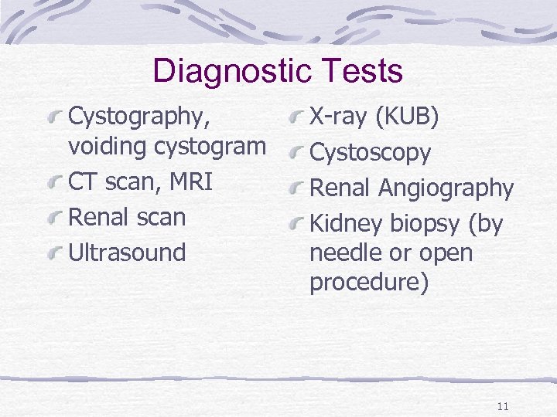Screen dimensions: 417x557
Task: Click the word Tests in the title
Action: (364, 71)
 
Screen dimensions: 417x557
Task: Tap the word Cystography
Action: (139, 117)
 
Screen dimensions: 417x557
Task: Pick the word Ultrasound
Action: (128, 253)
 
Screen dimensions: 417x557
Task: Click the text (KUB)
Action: (408, 117)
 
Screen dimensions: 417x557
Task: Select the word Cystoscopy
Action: (370, 154)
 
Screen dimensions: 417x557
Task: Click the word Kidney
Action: (346, 225)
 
